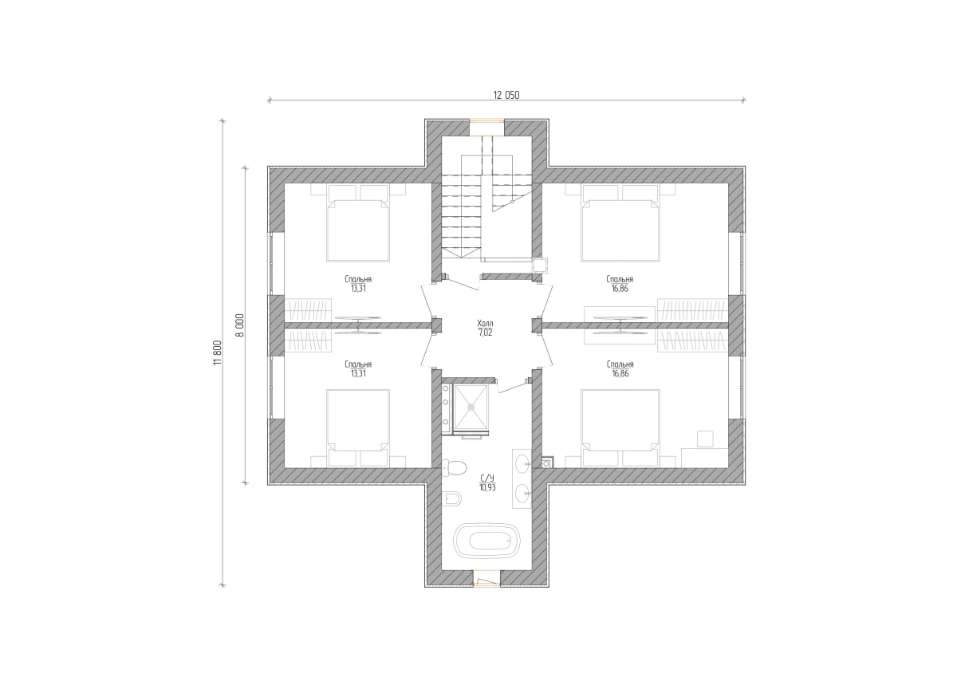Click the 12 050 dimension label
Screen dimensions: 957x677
(506, 95)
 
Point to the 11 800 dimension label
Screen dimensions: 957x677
(218, 352)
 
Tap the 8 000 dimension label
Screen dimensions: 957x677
(241, 325)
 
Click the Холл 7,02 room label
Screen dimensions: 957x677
(485, 328)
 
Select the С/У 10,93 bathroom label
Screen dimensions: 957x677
(487, 482)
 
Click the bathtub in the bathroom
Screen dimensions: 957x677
(486, 541)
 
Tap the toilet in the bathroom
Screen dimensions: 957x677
(454, 468)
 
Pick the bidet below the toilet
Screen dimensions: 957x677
(451, 498)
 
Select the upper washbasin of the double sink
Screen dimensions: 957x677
(523, 463)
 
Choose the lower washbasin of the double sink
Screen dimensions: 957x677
(523, 494)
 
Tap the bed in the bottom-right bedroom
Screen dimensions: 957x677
(620, 427)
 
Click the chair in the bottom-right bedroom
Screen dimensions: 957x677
(705, 439)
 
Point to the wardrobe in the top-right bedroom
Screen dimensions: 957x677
(692, 310)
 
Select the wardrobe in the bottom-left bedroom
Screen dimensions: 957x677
(308, 340)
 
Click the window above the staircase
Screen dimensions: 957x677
(487, 121)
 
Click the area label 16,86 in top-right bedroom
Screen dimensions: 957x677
(620, 289)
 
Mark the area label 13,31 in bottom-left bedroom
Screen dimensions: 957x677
(358, 374)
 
